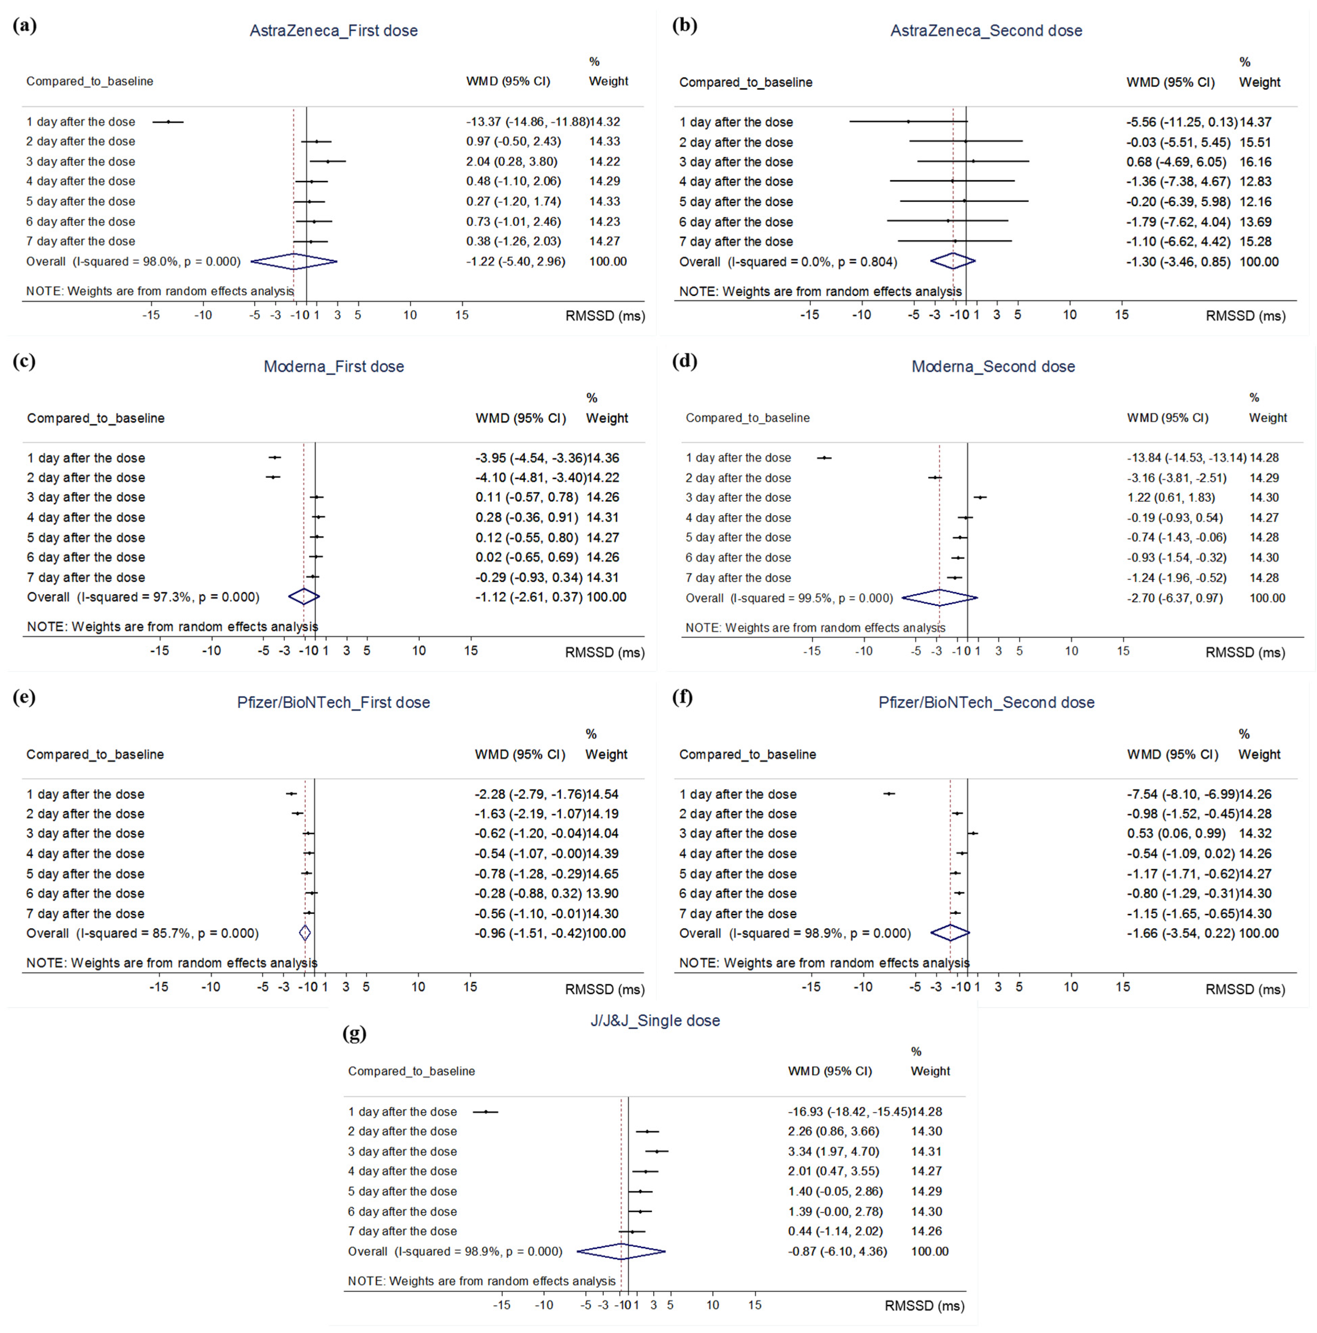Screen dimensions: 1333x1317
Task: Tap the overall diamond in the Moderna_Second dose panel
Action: click(x=940, y=598)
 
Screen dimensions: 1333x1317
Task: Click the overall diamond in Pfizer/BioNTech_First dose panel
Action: click(x=305, y=933)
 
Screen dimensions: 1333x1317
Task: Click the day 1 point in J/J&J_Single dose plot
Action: click(x=486, y=1111)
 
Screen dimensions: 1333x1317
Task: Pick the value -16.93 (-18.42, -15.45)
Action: click(x=849, y=1111)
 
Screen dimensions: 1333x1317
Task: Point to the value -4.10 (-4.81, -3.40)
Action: click(x=530, y=477)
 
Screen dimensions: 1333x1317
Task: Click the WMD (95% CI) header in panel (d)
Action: click(x=1167, y=417)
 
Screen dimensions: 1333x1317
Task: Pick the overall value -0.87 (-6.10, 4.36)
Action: click(x=837, y=1251)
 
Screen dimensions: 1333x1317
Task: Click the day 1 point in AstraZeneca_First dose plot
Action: click(x=168, y=121)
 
